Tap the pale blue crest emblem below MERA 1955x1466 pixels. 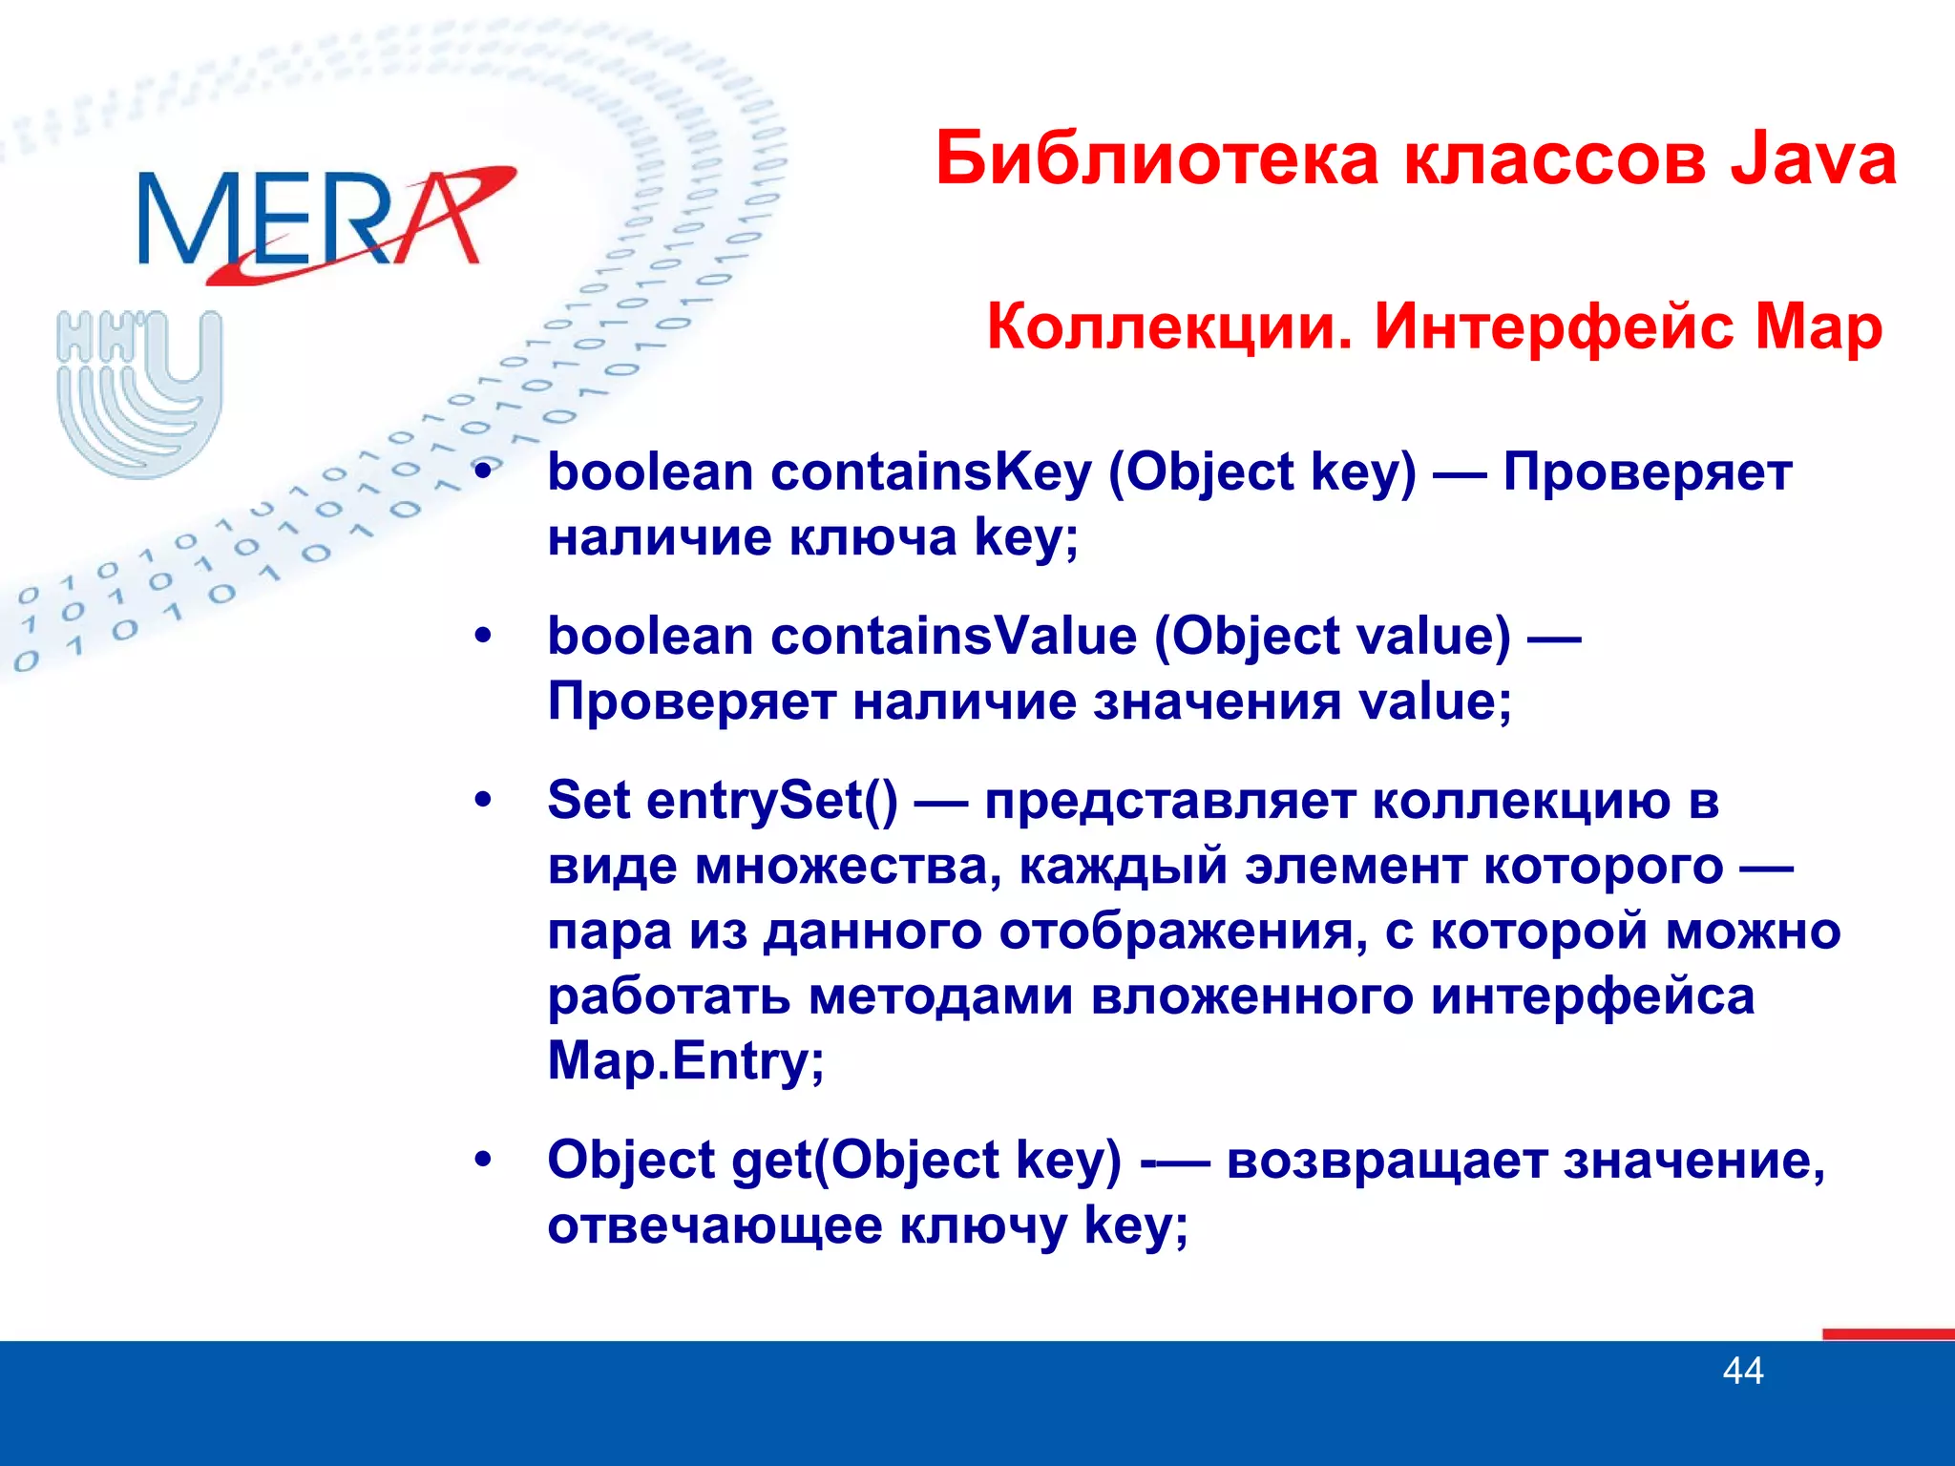pyautogui.click(x=139, y=391)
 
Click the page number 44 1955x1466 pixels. pyautogui.click(x=1742, y=1372)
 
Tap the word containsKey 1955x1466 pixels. pyautogui.click(x=931, y=472)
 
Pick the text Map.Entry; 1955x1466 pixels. pyautogui.click(x=685, y=1061)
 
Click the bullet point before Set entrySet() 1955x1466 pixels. pyautogui.click(x=484, y=801)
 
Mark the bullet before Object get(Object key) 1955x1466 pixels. pyautogui.click(x=484, y=1160)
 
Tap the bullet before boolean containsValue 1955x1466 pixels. pyautogui.click(x=484, y=637)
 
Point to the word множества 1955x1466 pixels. pyautogui.click(x=849, y=867)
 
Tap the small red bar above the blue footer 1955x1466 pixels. pyautogui.click(x=1887, y=1334)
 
